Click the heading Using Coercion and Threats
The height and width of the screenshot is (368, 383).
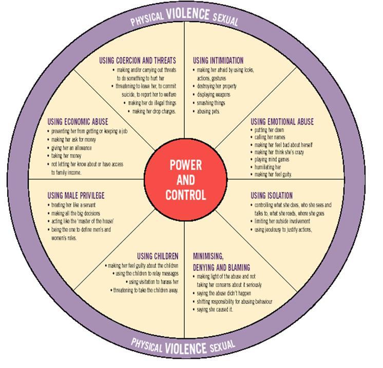tap(138, 60)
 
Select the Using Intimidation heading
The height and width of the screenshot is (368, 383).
tap(218, 60)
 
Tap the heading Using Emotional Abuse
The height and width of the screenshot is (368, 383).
tap(282, 122)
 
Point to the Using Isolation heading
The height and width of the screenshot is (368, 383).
tap(272, 195)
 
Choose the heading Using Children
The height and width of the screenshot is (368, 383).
tap(158, 256)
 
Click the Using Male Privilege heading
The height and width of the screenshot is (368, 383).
tap(75, 195)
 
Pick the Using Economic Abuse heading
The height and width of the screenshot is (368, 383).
tap(78, 122)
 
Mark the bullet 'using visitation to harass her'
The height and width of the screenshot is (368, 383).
tap(153, 282)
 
